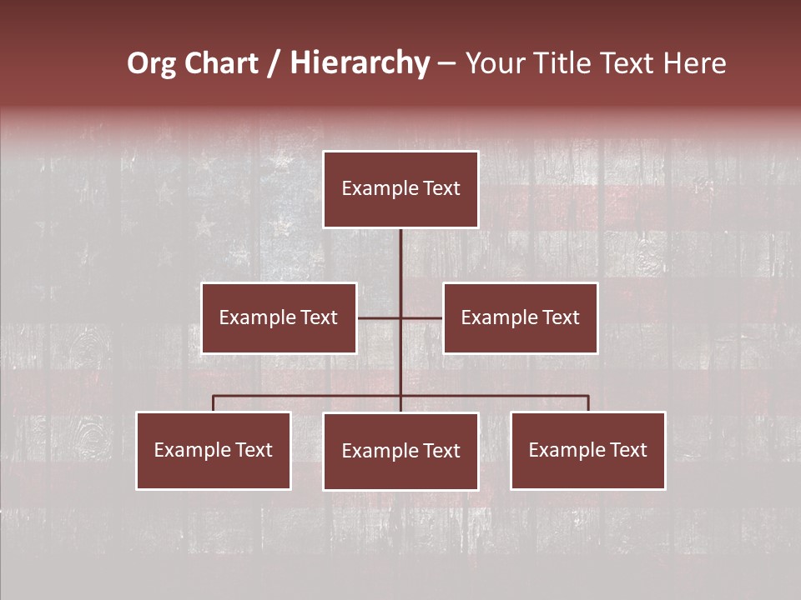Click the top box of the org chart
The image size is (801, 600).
click(x=400, y=189)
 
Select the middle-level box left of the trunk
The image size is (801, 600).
click(x=279, y=317)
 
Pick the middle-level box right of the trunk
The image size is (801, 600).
click(x=521, y=317)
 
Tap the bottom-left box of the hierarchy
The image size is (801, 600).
click(x=214, y=450)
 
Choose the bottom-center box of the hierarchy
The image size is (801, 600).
click(x=400, y=451)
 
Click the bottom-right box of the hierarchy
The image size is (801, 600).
click(x=588, y=450)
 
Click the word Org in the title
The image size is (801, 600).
click(x=151, y=63)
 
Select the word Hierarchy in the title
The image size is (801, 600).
click(x=360, y=63)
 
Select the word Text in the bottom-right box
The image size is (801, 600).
click(x=628, y=450)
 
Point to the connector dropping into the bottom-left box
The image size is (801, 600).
click(x=214, y=403)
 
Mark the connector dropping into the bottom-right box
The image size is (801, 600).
click(x=588, y=403)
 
